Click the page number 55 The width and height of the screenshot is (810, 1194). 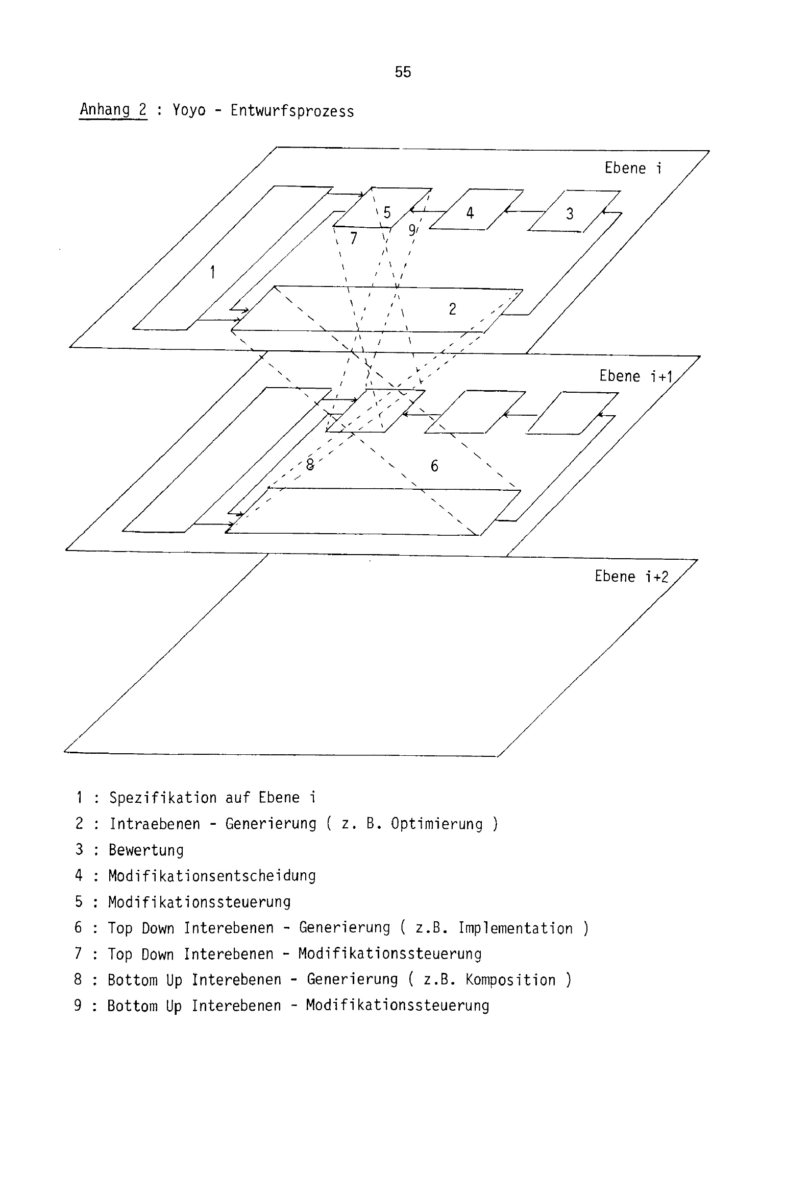click(x=403, y=72)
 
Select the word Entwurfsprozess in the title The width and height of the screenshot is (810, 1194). click(x=292, y=111)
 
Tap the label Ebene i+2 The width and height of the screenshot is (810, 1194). click(x=631, y=577)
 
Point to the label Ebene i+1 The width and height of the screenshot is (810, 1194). click(x=636, y=376)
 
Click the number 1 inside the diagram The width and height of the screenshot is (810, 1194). click(x=212, y=272)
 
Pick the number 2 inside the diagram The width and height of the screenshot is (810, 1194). click(x=452, y=309)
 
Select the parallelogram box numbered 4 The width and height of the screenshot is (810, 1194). click(x=476, y=209)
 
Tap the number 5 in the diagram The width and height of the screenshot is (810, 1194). click(x=387, y=212)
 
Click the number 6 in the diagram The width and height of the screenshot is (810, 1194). click(x=434, y=466)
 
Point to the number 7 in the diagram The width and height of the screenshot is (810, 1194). click(x=353, y=238)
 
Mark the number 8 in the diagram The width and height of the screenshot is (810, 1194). click(x=310, y=464)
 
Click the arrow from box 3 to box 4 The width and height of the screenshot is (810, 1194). click(x=525, y=210)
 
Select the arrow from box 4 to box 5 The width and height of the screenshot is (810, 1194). click(x=427, y=210)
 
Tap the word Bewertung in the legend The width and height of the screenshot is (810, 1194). click(x=146, y=850)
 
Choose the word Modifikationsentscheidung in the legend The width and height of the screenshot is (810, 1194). click(x=212, y=875)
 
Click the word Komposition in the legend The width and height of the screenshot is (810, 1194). click(x=510, y=980)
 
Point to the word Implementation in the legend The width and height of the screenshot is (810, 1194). click(x=515, y=928)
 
